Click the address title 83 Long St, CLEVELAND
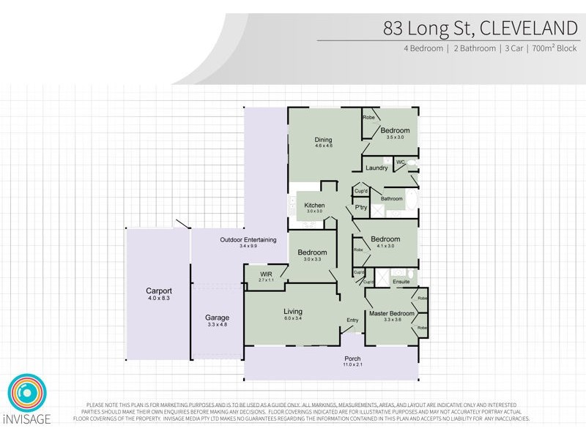click(x=480, y=29)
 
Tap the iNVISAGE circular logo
click(x=27, y=395)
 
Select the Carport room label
click(x=158, y=291)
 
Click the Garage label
click(x=217, y=318)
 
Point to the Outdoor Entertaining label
click(x=248, y=240)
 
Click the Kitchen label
click(x=314, y=206)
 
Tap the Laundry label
click(x=377, y=168)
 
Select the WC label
click(x=401, y=162)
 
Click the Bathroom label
click(x=391, y=198)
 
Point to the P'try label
click(x=360, y=207)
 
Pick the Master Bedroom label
click(x=392, y=313)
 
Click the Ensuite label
click(x=401, y=281)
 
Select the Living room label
click(x=293, y=312)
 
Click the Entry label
click(x=352, y=320)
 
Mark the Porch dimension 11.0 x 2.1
click(x=353, y=365)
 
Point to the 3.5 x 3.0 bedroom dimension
click(x=395, y=137)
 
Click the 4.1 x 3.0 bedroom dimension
click(x=385, y=246)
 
